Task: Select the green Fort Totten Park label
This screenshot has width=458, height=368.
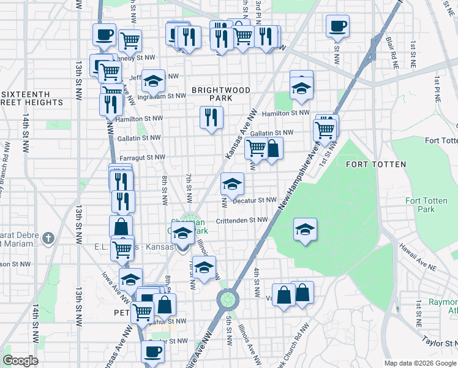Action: [420, 205]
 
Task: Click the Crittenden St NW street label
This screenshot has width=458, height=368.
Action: [242, 220]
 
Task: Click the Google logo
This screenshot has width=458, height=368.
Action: [20, 361]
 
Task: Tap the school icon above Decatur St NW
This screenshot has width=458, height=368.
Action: [232, 183]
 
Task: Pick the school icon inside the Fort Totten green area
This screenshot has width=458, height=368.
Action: [305, 229]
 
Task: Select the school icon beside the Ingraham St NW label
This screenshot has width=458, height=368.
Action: [154, 80]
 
